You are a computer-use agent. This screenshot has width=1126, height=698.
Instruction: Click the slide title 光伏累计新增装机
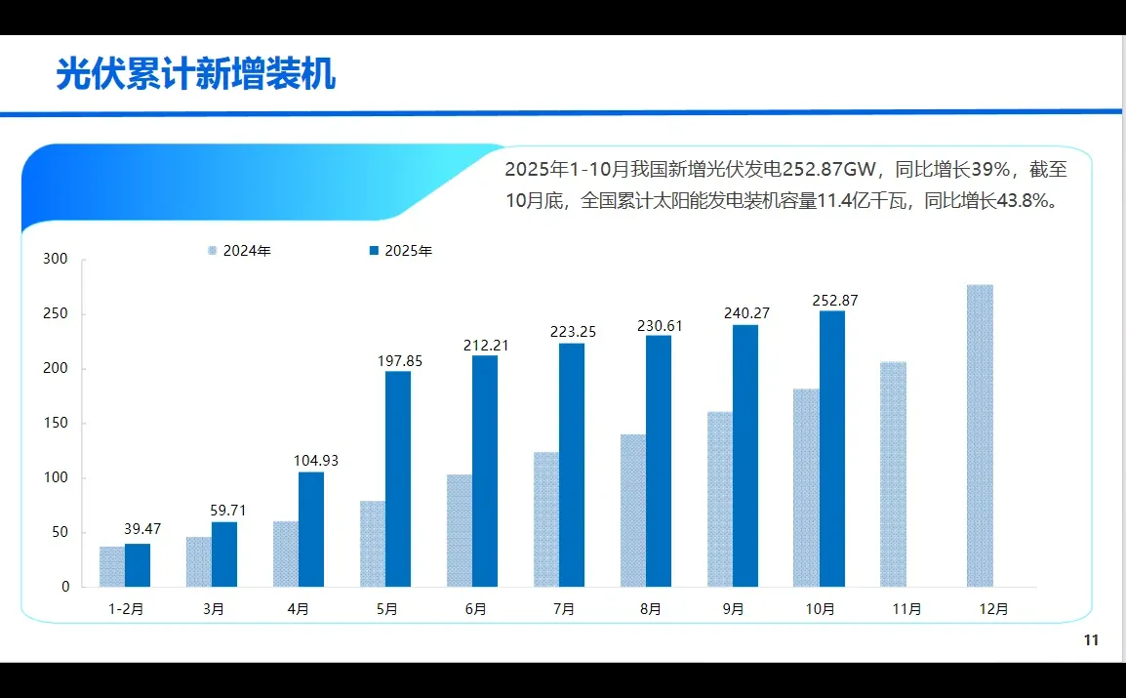pyautogui.click(x=195, y=74)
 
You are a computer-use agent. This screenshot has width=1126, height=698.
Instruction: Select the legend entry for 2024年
pyautogui.click(x=239, y=251)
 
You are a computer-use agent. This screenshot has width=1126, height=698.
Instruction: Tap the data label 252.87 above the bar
pyautogui.click(x=834, y=301)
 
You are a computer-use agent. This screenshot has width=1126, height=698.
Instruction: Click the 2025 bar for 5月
pyautogui.click(x=398, y=478)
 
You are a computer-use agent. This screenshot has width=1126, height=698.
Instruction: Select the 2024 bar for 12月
pyautogui.click(x=980, y=435)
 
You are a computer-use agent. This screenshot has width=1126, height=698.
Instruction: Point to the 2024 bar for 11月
pyautogui.click(x=893, y=474)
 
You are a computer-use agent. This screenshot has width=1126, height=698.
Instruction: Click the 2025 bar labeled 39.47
pyautogui.click(x=138, y=565)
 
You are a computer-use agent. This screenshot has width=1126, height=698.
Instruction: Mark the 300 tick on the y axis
pyautogui.click(x=56, y=260)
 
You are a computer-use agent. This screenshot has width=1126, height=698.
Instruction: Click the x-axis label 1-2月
pyautogui.click(x=126, y=609)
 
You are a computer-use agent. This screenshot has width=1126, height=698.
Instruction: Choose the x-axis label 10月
pyautogui.click(x=820, y=609)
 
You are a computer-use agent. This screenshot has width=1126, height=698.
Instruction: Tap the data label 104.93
pyautogui.click(x=316, y=461)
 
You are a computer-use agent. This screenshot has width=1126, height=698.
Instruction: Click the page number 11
pyautogui.click(x=1091, y=640)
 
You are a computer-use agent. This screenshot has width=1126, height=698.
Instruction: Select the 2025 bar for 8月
pyautogui.click(x=659, y=461)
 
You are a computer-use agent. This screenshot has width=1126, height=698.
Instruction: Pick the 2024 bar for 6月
pyautogui.click(x=460, y=531)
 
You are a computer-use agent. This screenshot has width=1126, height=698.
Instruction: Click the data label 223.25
pyautogui.click(x=573, y=332)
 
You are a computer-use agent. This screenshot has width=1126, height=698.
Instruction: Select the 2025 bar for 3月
pyautogui.click(x=224, y=554)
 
